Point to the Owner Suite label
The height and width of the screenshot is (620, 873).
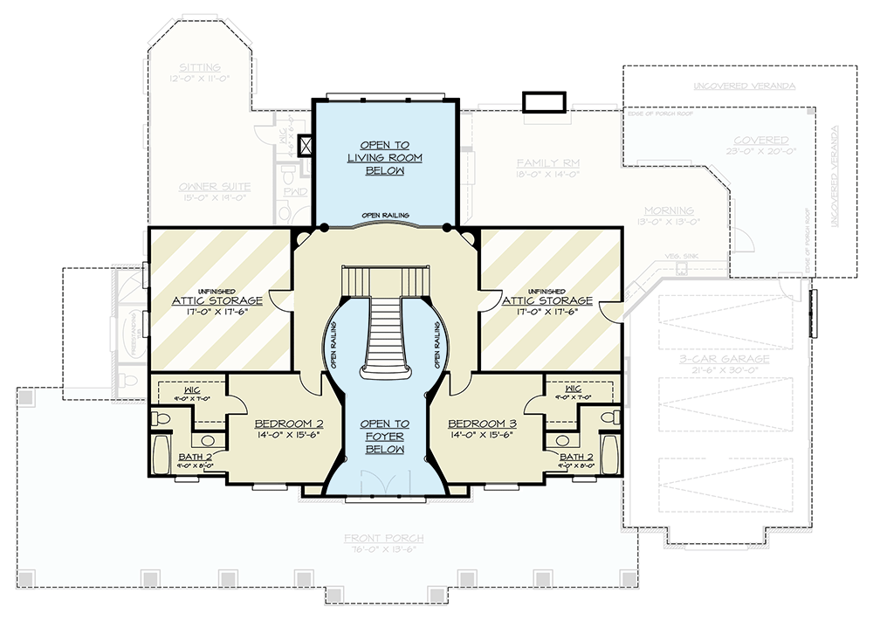[x=215, y=186]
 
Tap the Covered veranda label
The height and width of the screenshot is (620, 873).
[x=761, y=140]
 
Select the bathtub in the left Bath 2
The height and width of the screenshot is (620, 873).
[x=162, y=454]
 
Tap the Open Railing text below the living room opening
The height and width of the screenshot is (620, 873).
[x=384, y=215]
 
